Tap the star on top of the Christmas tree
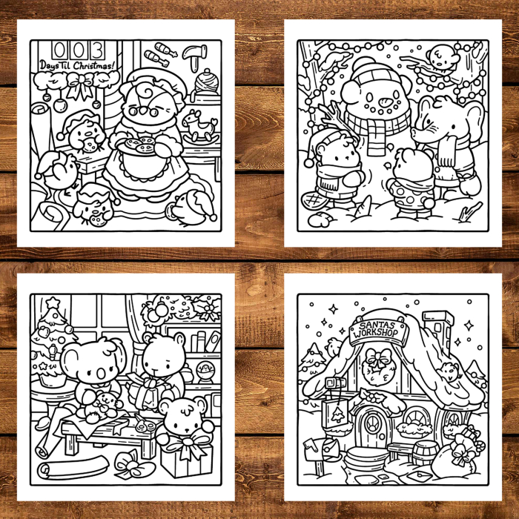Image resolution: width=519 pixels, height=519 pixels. tap(53, 304)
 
